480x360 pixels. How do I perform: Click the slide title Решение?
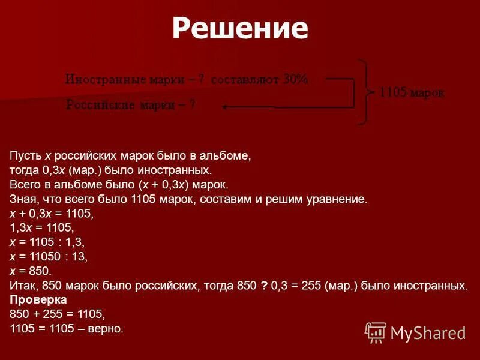tap(239, 28)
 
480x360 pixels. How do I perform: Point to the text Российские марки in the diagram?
tap(121, 106)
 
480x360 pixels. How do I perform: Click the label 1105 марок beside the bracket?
tap(412, 92)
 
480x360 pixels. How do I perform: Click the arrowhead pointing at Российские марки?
tap(225, 107)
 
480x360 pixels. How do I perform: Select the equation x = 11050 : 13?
tap(49, 256)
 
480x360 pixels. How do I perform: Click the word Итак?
tap(22, 285)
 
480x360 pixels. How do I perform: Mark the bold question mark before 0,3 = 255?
tap(264, 285)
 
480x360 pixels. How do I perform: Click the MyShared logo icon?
tap(376, 332)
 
